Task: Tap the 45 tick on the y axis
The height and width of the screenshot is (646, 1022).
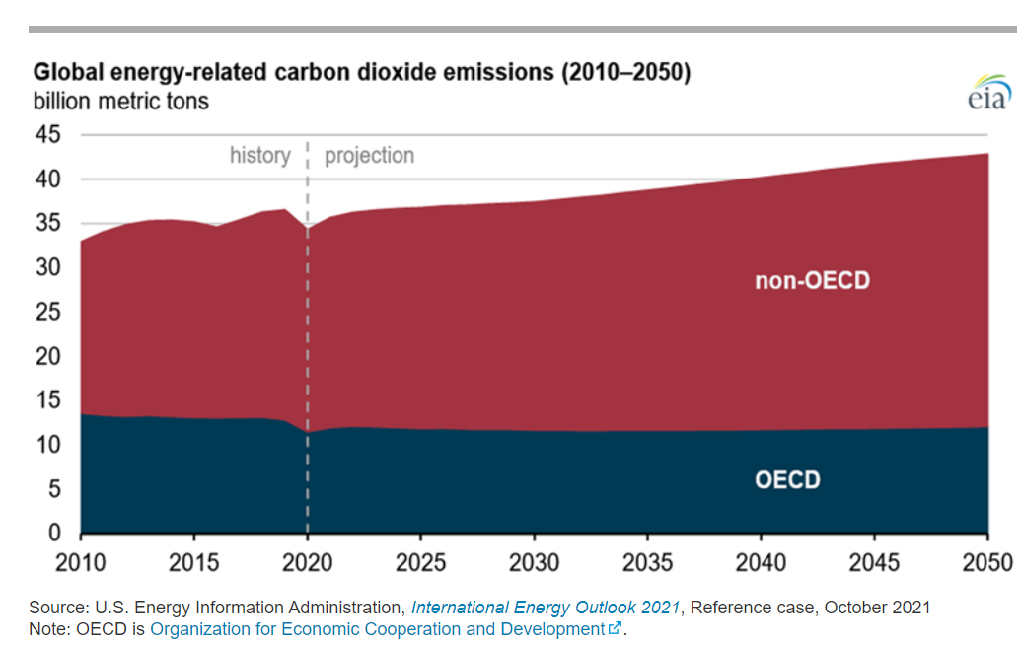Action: [48, 134]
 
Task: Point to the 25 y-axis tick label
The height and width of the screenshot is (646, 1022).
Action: [48, 312]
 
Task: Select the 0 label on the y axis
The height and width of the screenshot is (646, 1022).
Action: [54, 534]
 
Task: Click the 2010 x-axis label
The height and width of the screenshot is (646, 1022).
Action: [81, 563]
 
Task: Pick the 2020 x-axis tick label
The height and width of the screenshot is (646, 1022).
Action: [307, 563]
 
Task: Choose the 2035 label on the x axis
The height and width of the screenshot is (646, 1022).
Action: [647, 563]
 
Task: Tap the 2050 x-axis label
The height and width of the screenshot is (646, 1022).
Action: [986, 563]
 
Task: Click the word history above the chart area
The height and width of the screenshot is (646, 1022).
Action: [259, 156]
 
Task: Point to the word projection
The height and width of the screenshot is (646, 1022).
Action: [370, 156]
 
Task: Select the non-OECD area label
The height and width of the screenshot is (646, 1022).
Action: [813, 281]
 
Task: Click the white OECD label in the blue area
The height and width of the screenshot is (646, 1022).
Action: [787, 481]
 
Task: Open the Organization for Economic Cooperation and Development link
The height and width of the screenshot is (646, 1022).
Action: [378, 629]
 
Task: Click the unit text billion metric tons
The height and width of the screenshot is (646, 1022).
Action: [121, 101]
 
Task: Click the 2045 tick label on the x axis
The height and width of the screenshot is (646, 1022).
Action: [874, 563]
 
